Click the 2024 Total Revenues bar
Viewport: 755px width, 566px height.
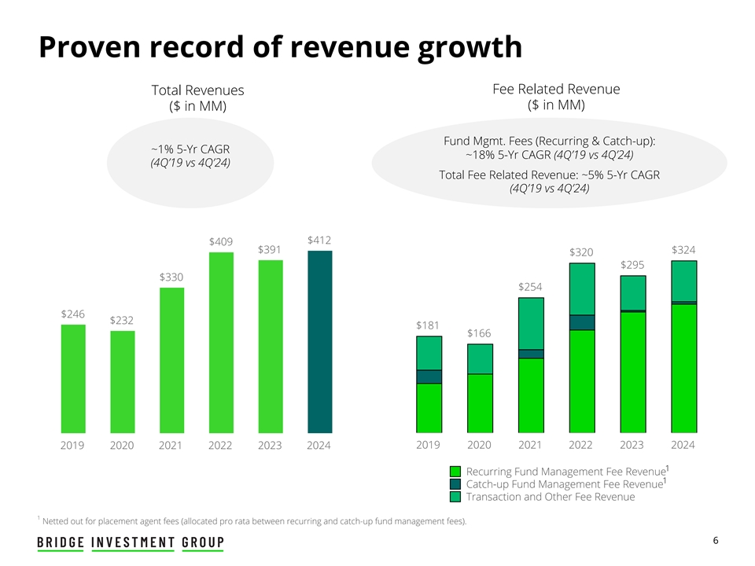[x=319, y=342]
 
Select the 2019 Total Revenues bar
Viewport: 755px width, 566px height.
[x=73, y=378]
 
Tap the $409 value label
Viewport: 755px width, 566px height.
[x=220, y=241]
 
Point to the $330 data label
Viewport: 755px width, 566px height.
[x=171, y=277]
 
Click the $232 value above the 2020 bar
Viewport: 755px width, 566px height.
[x=122, y=320]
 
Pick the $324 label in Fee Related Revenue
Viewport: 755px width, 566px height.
[x=683, y=250]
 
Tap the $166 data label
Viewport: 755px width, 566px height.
[x=479, y=333]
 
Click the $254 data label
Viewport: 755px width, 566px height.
[x=531, y=287]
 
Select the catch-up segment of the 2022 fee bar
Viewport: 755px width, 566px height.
[x=581, y=322]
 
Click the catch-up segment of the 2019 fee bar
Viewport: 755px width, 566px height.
[x=429, y=377]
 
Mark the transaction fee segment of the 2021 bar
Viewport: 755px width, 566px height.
[x=531, y=323]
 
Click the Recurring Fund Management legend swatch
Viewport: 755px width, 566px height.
[x=455, y=471]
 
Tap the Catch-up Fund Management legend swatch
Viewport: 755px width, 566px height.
[x=455, y=483]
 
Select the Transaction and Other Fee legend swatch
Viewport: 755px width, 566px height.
[x=455, y=496]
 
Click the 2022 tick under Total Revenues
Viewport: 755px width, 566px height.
[x=220, y=446]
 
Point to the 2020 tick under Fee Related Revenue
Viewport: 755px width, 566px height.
[x=479, y=445]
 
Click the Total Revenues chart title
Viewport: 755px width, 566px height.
[x=197, y=91]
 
